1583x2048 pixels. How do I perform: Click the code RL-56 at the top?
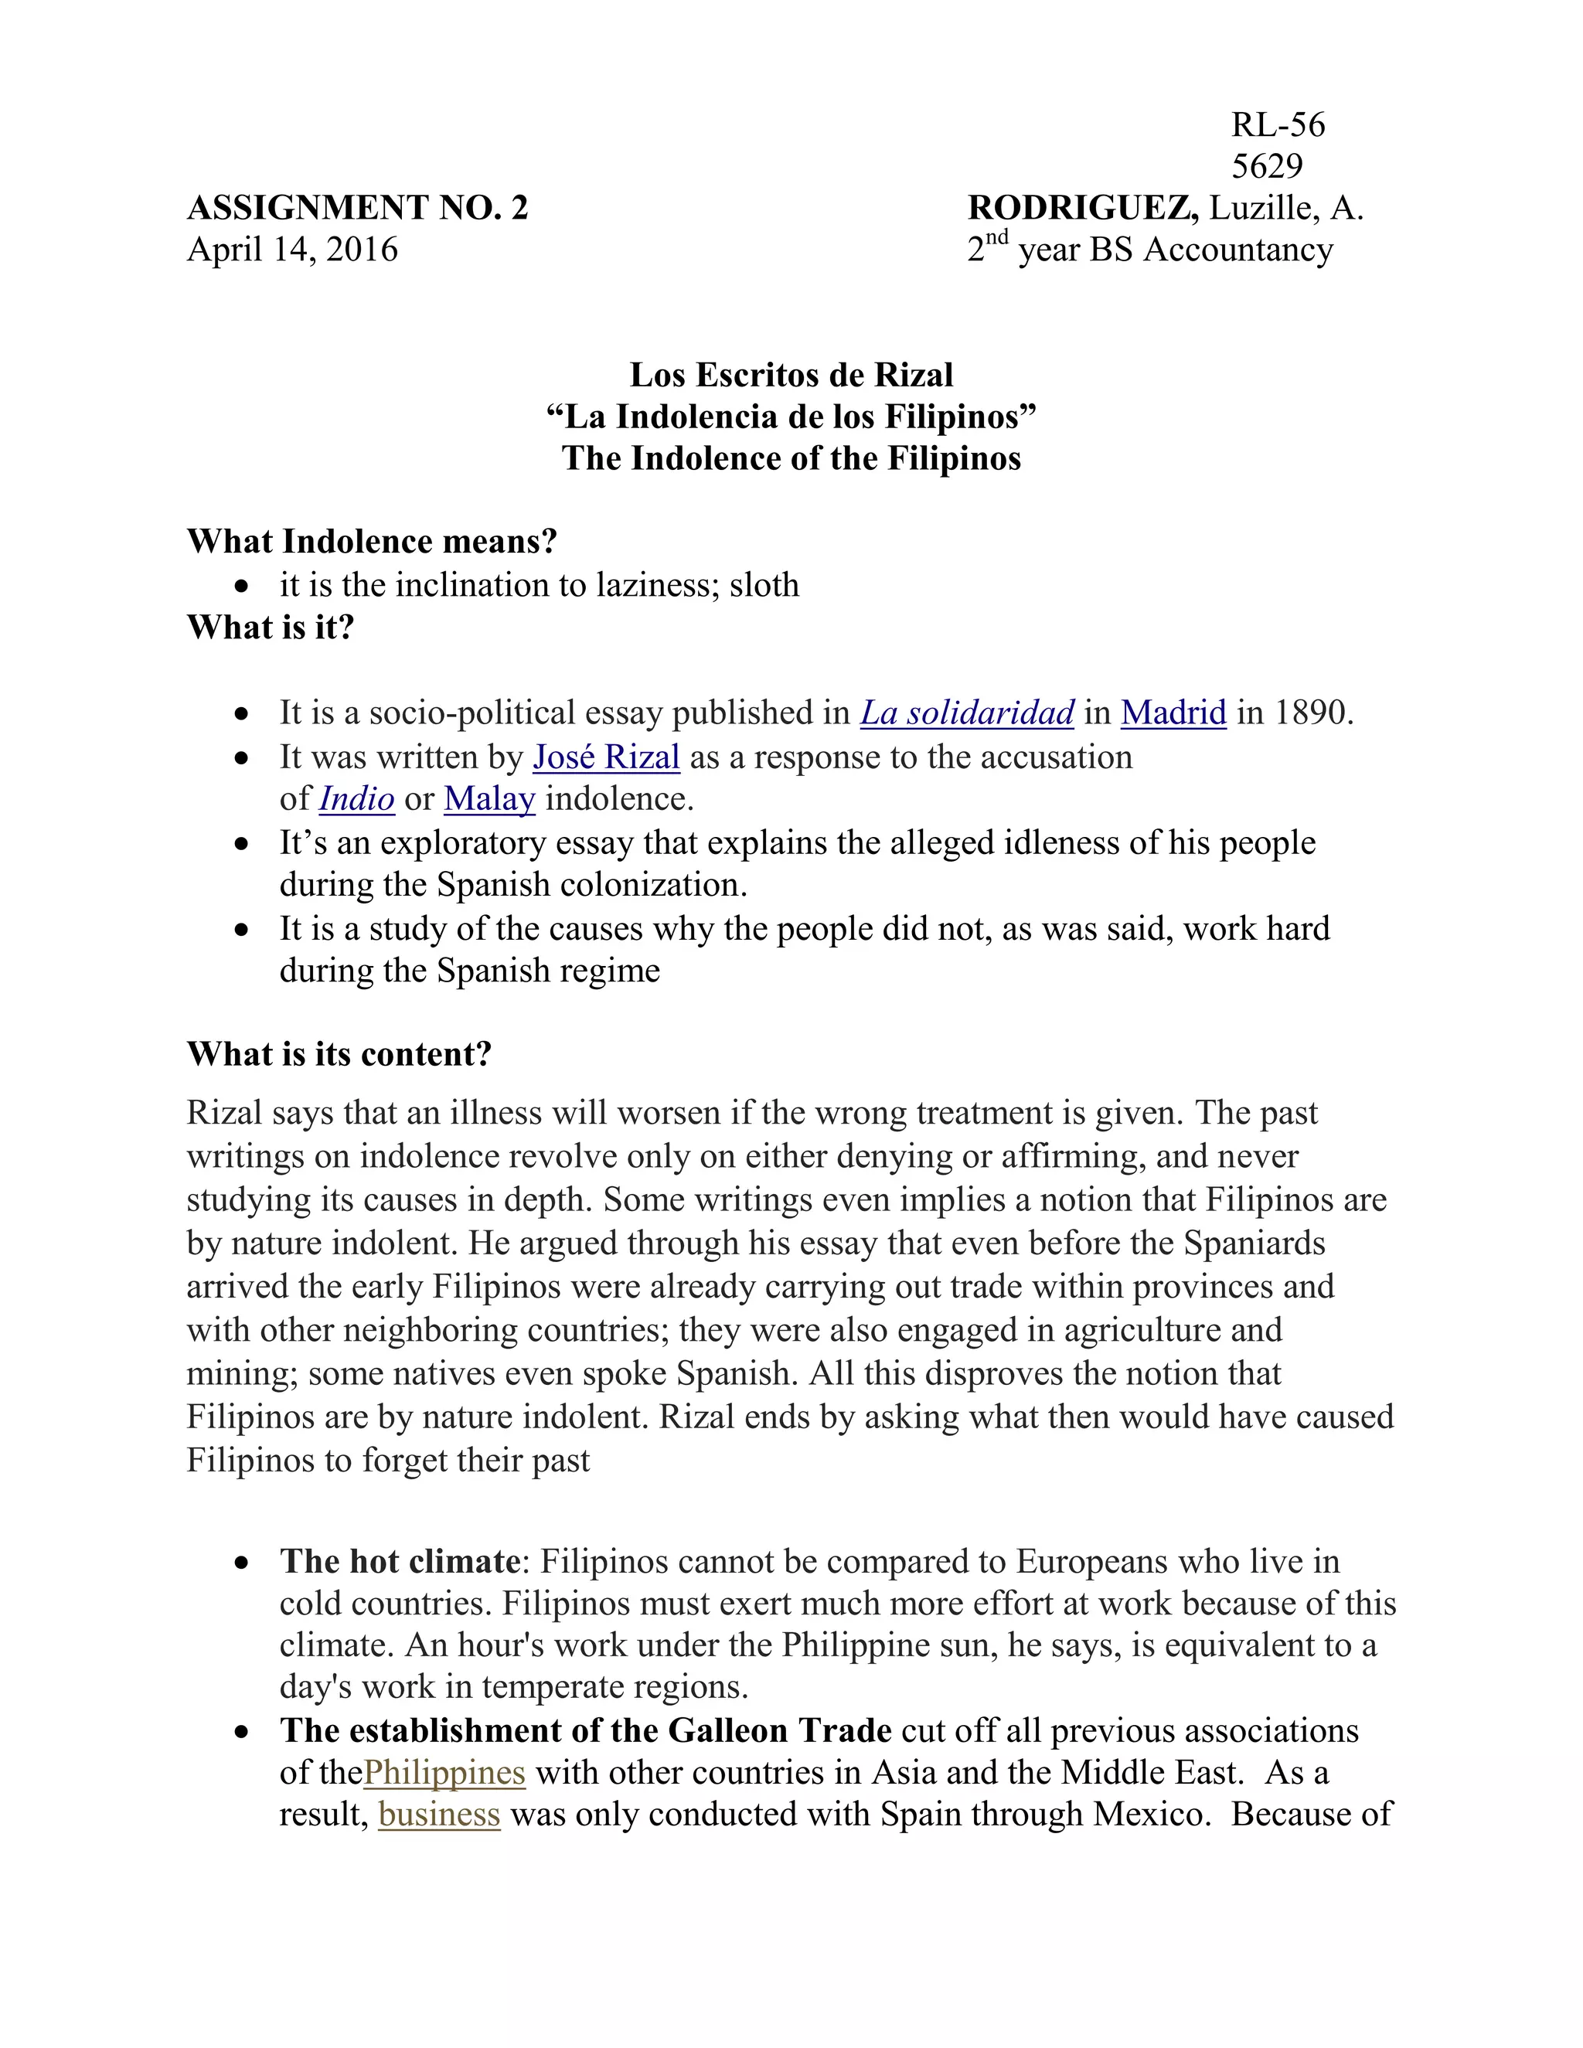pos(1277,124)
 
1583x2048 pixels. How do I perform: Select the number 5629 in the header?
pos(1266,166)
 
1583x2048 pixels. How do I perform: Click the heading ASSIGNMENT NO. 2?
pos(357,207)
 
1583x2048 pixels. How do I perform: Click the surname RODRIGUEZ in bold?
pos(1081,207)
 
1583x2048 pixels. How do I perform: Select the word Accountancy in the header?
pos(1238,250)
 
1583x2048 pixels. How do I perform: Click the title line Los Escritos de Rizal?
pos(791,375)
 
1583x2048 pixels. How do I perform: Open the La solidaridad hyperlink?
pos(967,713)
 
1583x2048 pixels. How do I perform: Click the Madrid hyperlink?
pos(1173,713)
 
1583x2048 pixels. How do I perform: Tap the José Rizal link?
pos(606,757)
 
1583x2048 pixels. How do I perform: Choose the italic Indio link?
pos(356,799)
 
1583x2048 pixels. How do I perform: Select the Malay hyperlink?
pos(489,799)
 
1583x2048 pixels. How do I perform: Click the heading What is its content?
pos(339,1054)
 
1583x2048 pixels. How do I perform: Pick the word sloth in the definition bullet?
pos(764,585)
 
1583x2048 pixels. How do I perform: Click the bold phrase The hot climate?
pos(400,1561)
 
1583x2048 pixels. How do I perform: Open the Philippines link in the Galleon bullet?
pos(444,1772)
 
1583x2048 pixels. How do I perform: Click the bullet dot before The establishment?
pos(242,1731)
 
